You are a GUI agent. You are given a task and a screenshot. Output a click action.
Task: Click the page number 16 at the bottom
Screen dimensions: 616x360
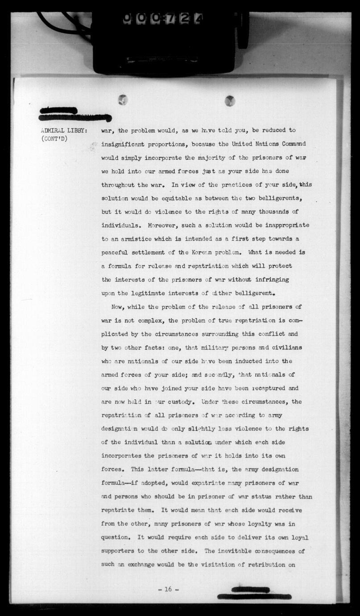pos(168,589)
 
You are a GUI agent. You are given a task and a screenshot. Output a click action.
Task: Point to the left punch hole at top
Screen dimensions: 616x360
pos(123,100)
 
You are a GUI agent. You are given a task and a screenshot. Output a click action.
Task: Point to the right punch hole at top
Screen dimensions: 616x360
pos(230,101)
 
